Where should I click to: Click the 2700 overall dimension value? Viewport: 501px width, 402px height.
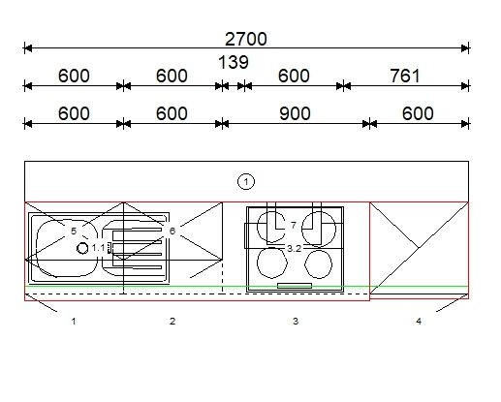pos(246,39)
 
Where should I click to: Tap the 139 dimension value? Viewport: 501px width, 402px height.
pos(234,62)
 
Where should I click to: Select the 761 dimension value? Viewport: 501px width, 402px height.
pos(405,76)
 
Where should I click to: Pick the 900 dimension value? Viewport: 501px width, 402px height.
pos(295,113)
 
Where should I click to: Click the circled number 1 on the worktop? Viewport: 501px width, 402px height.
pos(246,182)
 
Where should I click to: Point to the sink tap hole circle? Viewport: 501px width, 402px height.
pos(82,248)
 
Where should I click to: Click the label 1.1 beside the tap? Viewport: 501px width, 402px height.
pos(98,248)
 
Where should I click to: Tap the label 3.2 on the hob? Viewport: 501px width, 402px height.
pos(294,248)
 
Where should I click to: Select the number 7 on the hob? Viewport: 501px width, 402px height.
pos(294,225)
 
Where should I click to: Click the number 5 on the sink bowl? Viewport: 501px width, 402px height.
pos(74,231)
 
